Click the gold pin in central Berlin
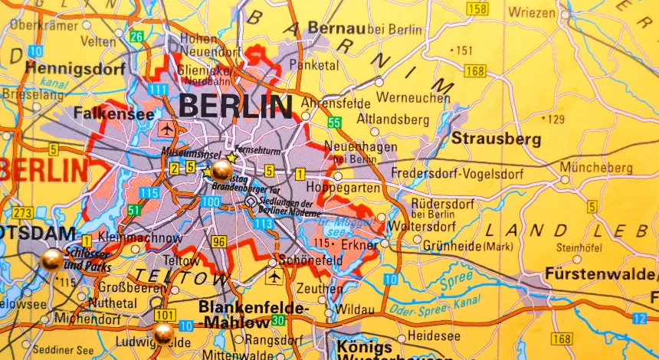221,170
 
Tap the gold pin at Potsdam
51,260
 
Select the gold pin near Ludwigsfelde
162,333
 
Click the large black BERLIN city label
235,106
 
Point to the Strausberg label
496,139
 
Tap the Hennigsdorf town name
64,68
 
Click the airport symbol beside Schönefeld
273,276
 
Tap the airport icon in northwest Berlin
167,129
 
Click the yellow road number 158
477,8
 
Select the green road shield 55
334,123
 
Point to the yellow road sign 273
22,212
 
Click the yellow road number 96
219,242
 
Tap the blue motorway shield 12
640,318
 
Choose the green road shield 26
136,36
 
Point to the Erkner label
360,246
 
